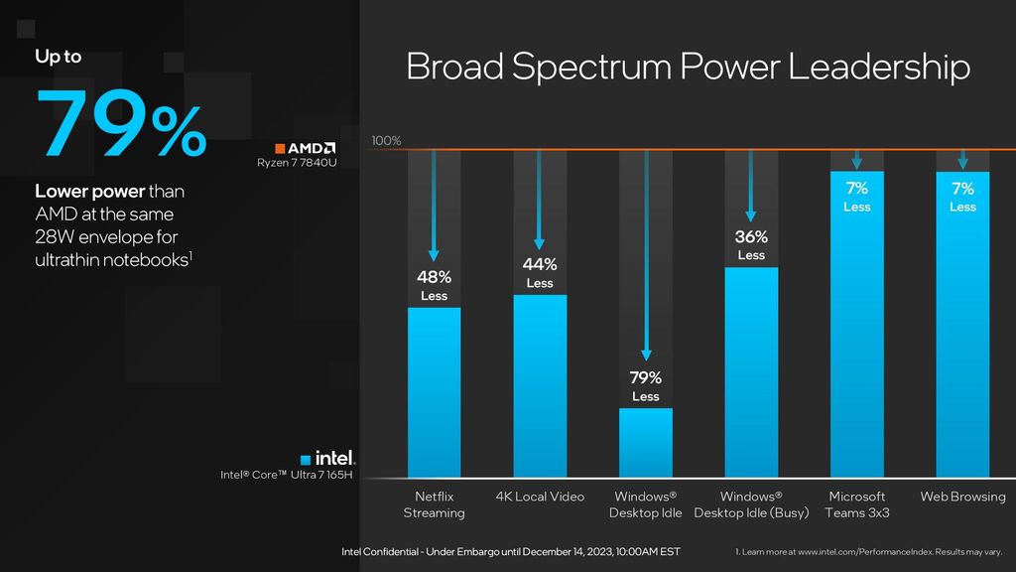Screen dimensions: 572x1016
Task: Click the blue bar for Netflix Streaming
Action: click(434, 392)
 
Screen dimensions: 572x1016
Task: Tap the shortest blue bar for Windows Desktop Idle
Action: click(645, 442)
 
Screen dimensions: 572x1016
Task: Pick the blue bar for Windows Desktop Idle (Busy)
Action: click(751, 372)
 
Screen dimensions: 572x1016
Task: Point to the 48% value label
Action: click(434, 277)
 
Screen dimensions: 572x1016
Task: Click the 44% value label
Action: click(540, 264)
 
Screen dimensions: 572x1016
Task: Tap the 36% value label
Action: click(751, 237)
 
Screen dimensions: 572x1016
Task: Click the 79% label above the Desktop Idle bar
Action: click(645, 377)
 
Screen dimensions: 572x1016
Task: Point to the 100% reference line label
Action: click(386, 141)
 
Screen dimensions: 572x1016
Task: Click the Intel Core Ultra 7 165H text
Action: click(288, 476)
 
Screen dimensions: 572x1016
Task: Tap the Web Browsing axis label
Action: click(962, 497)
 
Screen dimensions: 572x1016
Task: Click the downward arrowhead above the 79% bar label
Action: click(646, 354)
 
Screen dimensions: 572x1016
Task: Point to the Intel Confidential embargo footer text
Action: click(511, 551)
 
